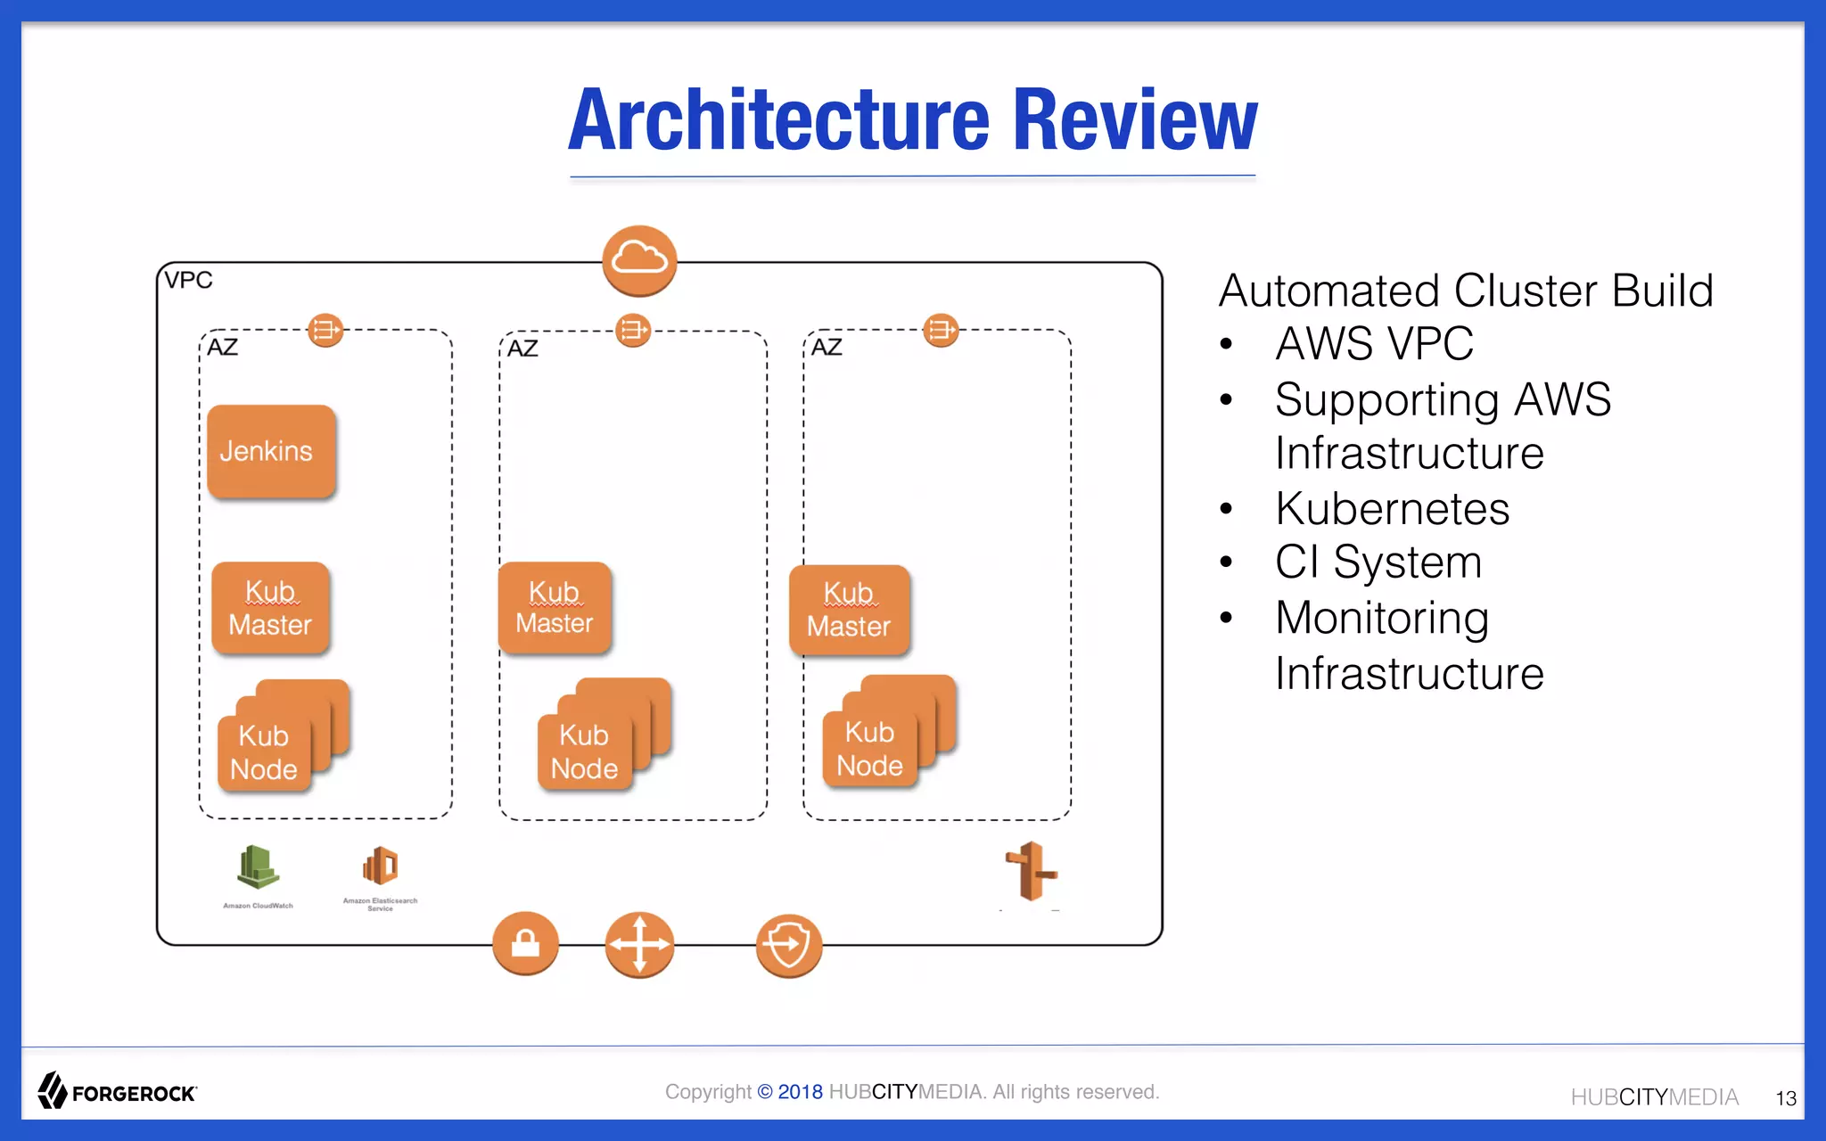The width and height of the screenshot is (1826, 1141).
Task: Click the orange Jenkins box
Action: (271, 451)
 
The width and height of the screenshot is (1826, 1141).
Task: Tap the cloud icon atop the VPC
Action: (639, 260)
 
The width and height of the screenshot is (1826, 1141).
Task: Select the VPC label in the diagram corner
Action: (188, 280)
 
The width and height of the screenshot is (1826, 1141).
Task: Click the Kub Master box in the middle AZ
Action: (555, 608)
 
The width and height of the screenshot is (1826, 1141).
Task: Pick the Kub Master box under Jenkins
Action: (270, 608)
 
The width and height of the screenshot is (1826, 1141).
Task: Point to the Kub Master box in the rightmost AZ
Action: (849, 611)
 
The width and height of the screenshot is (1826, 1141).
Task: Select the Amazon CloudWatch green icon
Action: (258, 867)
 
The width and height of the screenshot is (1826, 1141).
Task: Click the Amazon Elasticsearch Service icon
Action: (381, 866)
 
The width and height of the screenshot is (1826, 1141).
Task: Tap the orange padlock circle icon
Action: (525, 943)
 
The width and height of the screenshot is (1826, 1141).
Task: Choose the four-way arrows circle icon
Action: (639, 944)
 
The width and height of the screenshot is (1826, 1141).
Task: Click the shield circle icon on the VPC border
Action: (788, 945)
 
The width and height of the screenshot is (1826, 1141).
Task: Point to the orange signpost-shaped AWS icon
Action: (1032, 872)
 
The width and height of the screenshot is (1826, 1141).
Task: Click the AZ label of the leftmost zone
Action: (223, 347)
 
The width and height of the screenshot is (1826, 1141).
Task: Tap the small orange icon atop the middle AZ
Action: (633, 331)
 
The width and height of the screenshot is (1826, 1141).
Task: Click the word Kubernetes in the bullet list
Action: (1392, 509)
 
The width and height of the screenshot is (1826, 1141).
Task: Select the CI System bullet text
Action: (1378, 562)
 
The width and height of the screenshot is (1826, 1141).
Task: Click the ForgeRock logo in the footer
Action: (117, 1091)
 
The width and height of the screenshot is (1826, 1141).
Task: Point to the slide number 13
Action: (1786, 1098)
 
